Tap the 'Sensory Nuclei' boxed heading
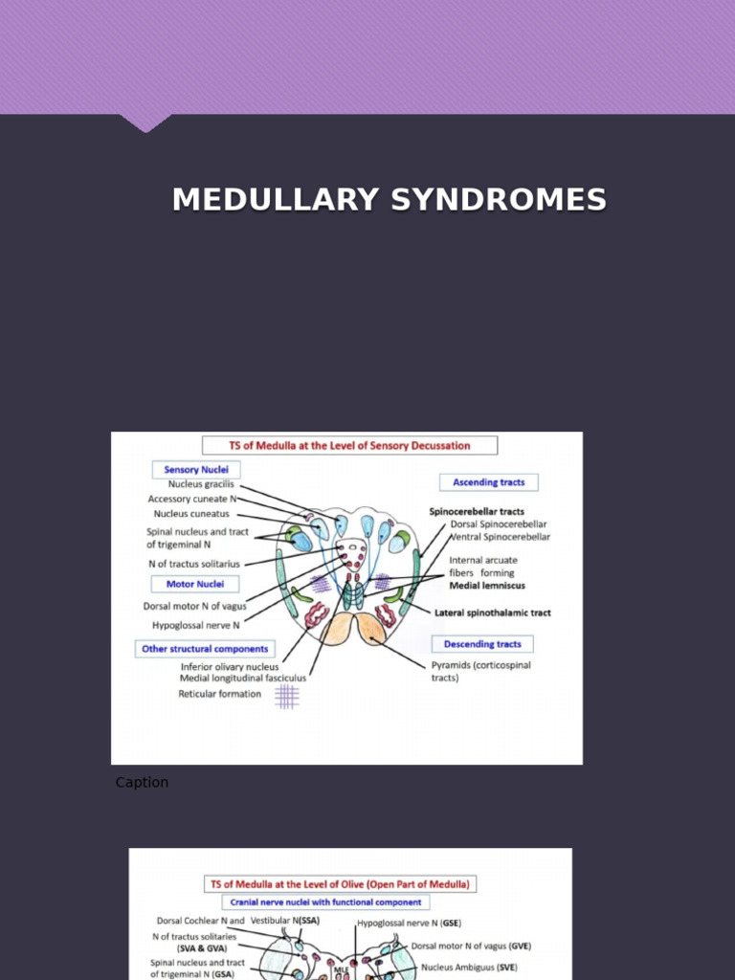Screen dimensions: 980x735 [x=195, y=470]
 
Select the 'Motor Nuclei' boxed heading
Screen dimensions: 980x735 [x=195, y=584]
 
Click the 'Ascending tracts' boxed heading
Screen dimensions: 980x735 [x=488, y=482]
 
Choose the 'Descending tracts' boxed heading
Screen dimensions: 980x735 [x=482, y=644]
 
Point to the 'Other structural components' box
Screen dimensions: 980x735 [x=205, y=649]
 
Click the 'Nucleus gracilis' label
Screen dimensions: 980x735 [x=201, y=484]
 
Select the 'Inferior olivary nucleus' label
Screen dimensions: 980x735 [x=230, y=666]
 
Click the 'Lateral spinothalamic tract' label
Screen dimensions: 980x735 [x=492, y=612]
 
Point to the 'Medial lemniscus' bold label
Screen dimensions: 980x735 [x=487, y=585]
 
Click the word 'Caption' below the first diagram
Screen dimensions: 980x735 [x=142, y=783]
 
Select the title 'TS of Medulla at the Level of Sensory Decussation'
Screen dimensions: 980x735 [x=349, y=445]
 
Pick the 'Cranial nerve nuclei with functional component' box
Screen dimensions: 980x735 [x=325, y=902]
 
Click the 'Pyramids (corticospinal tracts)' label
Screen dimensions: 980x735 [x=480, y=671]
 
